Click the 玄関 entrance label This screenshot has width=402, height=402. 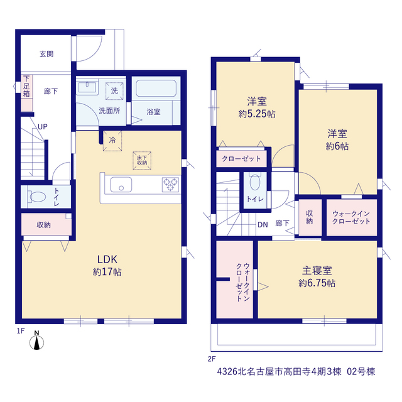tap(46, 54)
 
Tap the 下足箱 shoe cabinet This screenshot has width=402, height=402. tap(26, 93)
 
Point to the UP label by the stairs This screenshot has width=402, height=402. tap(43, 127)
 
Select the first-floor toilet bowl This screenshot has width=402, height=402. tap(38, 197)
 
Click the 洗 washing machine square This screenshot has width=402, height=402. tap(114, 90)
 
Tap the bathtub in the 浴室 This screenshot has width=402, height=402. tap(156, 89)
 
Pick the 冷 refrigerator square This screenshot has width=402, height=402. tap(112, 141)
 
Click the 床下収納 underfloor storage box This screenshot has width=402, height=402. tap(142, 161)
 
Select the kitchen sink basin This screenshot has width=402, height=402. tap(121, 185)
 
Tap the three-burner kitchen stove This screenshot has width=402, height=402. tap(170, 185)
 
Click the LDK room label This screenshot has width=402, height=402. tap(107, 259)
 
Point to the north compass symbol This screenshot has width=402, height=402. tap(36, 340)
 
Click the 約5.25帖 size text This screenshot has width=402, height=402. tap(257, 114)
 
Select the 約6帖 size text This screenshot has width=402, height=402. tap(337, 146)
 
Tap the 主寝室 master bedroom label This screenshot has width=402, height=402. tap(317, 271)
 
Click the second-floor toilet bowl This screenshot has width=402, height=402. tap(255, 182)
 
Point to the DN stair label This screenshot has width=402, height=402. tap(263, 225)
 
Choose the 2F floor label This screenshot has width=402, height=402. tap(212, 359)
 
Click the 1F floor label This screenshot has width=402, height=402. tap(21, 331)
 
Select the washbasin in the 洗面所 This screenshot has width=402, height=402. tap(87, 87)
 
